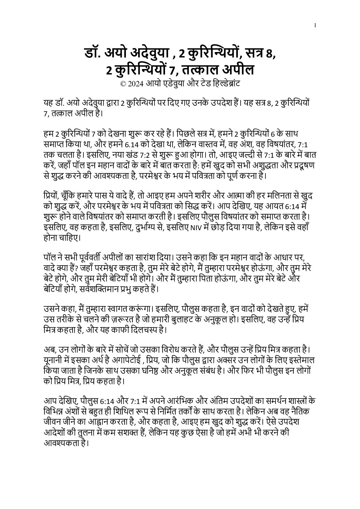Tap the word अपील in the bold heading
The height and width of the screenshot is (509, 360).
tap(238, 70)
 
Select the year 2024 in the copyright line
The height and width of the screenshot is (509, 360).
tap(135, 83)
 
